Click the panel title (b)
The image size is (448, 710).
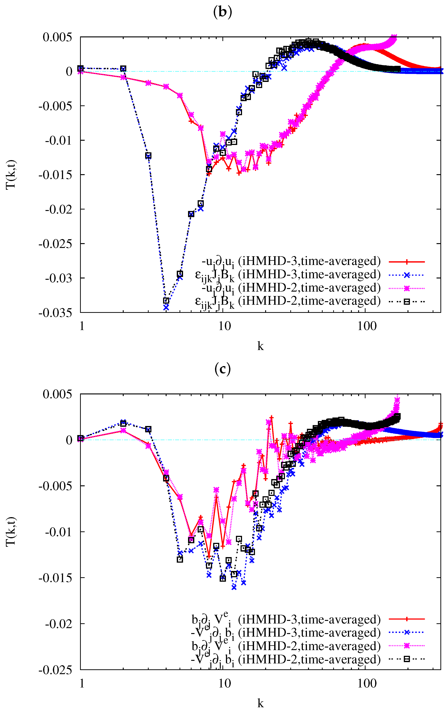[222, 12]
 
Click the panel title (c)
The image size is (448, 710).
[222, 369]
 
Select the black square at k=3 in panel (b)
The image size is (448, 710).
[148, 156]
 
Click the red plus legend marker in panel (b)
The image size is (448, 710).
[407, 261]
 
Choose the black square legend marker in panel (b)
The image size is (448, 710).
[407, 301]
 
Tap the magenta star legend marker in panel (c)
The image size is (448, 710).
[407, 646]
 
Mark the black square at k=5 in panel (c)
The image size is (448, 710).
[180, 559]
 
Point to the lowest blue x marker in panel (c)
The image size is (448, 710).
[234, 587]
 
